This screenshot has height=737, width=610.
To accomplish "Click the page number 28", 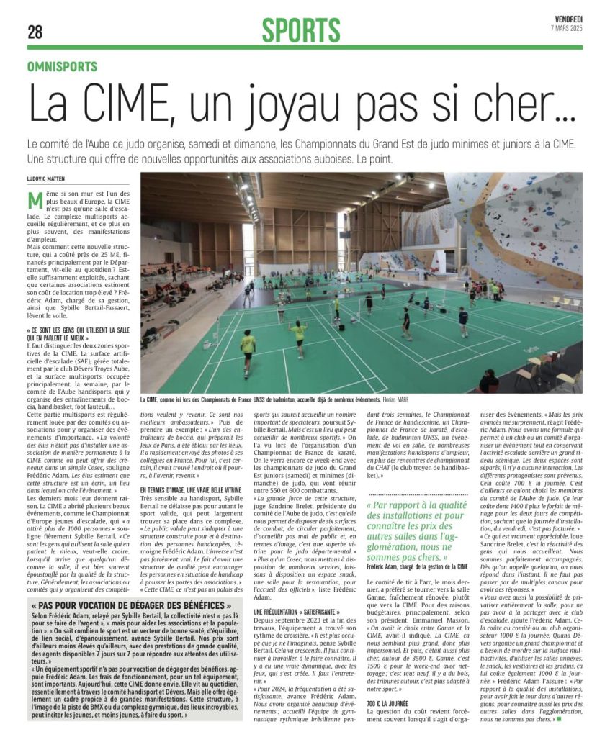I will (35, 32).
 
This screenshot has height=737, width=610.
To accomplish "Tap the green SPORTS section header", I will (300, 30).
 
